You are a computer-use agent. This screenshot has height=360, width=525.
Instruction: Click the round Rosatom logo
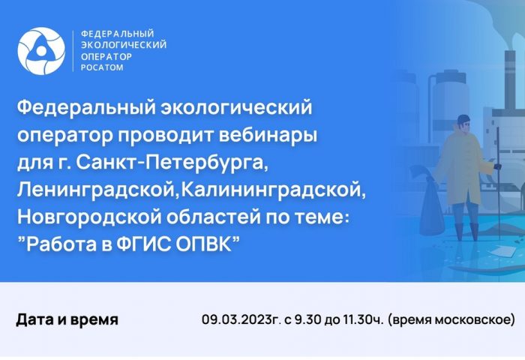pyautogui.click(x=41, y=51)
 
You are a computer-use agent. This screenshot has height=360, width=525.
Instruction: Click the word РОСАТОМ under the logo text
pyautogui.click(x=102, y=67)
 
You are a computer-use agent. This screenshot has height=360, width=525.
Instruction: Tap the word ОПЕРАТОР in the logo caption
pyautogui.click(x=106, y=56)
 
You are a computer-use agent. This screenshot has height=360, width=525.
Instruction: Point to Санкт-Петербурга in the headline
pyautogui.click(x=172, y=163)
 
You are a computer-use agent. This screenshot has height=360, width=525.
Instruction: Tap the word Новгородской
pyautogui.click(x=89, y=217)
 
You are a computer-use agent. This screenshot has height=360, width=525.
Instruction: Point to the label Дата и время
pyautogui.click(x=67, y=319)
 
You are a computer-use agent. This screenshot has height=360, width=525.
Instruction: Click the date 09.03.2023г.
pyautogui.click(x=241, y=319)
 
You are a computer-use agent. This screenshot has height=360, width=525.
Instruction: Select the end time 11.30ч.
pyautogui.click(x=362, y=319)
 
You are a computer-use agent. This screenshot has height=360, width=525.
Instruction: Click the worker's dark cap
pyautogui.click(x=463, y=118)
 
